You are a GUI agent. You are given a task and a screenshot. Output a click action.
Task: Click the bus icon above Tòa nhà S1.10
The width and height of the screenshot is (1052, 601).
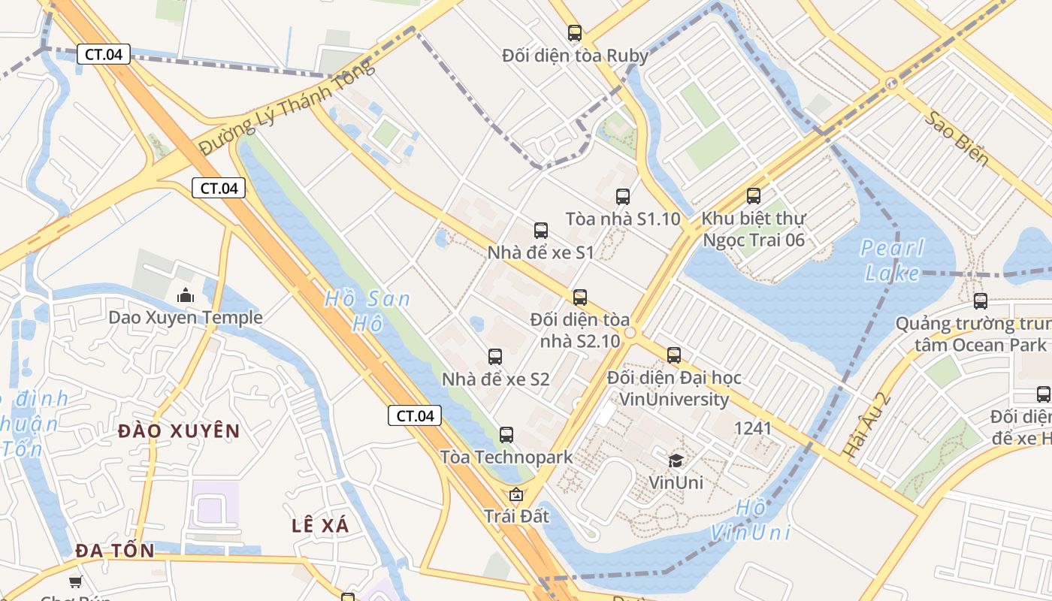click(x=623, y=197)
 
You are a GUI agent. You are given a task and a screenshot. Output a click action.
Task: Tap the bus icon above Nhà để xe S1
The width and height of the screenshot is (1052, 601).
click(x=541, y=231)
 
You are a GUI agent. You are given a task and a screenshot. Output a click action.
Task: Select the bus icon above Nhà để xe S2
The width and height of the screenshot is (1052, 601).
click(x=495, y=357)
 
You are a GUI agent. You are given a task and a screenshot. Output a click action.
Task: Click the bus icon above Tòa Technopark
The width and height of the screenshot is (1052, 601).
click(x=506, y=434)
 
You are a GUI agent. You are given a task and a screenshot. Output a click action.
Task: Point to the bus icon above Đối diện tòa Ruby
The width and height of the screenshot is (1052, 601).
click(x=575, y=33)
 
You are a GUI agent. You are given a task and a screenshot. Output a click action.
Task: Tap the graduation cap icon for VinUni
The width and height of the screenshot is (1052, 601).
click(x=676, y=460)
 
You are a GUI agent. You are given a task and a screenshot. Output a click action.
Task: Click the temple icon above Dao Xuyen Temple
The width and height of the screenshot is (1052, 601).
click(x=186, y=295)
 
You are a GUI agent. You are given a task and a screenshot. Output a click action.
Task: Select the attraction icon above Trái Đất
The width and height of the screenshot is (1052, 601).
click(x=516, y=494)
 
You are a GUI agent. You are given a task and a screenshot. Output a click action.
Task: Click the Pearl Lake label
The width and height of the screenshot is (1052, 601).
click(x=892, y=260)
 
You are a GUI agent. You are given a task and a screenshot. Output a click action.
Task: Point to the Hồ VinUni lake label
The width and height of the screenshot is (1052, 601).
click(x=750, y=520)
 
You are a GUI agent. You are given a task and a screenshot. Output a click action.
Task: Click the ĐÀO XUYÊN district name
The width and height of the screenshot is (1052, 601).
click(x=180, y=431)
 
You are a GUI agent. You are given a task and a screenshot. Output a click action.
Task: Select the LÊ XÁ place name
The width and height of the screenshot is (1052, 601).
click(x=321, y=526)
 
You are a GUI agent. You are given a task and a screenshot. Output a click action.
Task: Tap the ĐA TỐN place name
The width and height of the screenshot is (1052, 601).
click(x=115, y=551)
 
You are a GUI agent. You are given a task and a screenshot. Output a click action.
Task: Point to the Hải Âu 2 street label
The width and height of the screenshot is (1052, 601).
click(x=857, y=426)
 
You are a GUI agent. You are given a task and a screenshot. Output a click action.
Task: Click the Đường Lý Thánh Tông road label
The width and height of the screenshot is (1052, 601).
click(x=286, y=108)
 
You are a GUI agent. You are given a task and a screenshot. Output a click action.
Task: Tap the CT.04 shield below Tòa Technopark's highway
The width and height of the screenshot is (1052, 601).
click(x=415, y=415)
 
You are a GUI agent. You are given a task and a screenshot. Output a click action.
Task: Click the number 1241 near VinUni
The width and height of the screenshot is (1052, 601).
click(x=753, y=428)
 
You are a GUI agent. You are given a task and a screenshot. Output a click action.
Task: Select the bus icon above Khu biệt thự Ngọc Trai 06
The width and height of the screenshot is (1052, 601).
click(x=754, y=196)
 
